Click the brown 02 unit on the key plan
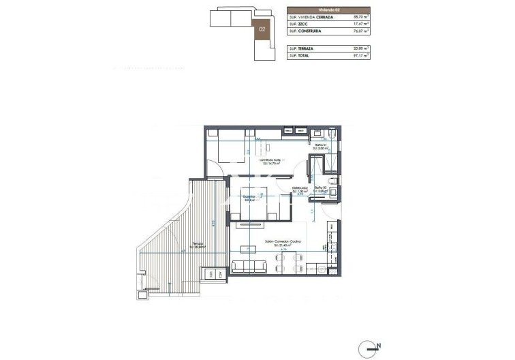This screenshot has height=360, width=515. (262, 29)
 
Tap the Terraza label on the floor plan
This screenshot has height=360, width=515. (198, 243)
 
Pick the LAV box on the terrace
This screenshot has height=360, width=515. (211, 275)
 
